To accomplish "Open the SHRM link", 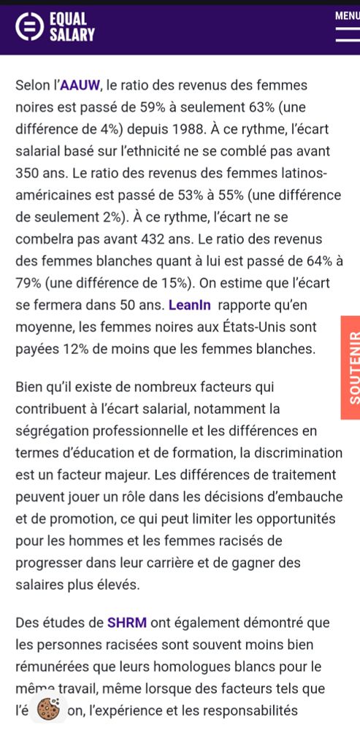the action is point(127,623).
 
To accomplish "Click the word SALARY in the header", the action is point(72,34).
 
